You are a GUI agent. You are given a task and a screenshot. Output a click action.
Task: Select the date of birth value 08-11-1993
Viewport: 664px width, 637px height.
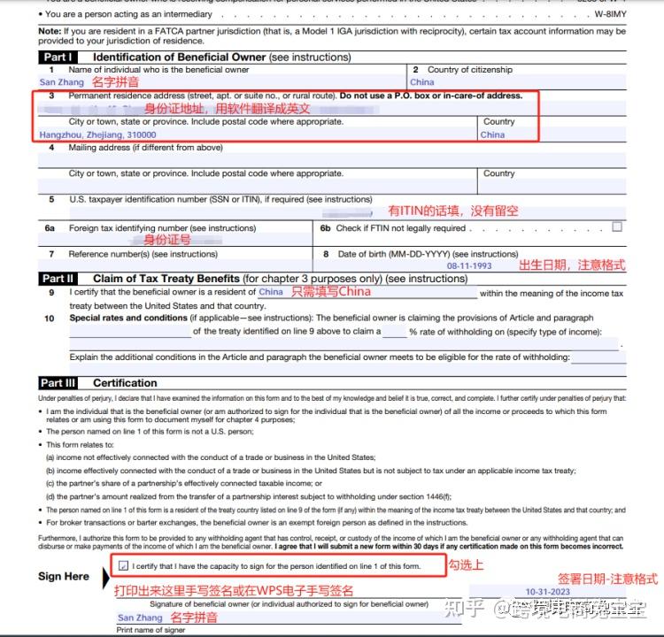pos(469,265)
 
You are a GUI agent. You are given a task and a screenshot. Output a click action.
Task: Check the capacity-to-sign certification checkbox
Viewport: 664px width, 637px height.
pos(122,564)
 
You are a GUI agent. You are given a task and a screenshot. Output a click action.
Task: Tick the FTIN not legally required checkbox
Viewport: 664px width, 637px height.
pos(617,227)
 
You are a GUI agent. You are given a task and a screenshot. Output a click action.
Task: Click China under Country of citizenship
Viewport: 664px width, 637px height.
pos(422,81)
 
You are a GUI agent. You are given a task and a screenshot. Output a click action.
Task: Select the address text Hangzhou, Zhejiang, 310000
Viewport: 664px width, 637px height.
pos(97,134)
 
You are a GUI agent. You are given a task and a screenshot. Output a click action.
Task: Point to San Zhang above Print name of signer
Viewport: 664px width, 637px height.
pos(140,618)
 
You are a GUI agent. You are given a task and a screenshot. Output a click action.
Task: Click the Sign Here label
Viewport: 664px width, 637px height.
pos(64,577)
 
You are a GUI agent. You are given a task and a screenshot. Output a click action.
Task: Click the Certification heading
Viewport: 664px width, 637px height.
pos(125,383)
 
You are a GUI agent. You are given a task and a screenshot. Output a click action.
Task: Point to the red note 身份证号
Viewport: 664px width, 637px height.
pos(167,240)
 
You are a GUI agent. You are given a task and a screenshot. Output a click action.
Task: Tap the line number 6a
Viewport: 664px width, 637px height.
pos(50,227)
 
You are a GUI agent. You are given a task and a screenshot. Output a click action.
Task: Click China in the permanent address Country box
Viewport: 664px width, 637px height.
pos(492,134)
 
